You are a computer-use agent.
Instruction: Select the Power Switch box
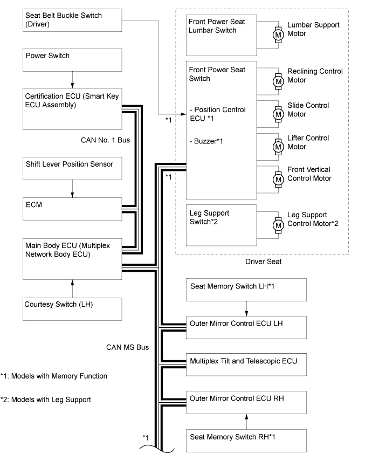click(x=72, y=61)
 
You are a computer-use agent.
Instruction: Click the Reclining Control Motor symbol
click(x=279, y=81)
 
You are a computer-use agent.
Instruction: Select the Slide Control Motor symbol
click(x=279, y=114)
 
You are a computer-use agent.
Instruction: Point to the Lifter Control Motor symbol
click(x=279, y=146)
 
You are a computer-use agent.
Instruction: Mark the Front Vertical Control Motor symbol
click(x=279, y=178)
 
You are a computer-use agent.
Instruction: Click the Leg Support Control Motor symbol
click(x=279, y=223)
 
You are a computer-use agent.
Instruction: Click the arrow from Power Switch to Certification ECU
click(x=72, y=81)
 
